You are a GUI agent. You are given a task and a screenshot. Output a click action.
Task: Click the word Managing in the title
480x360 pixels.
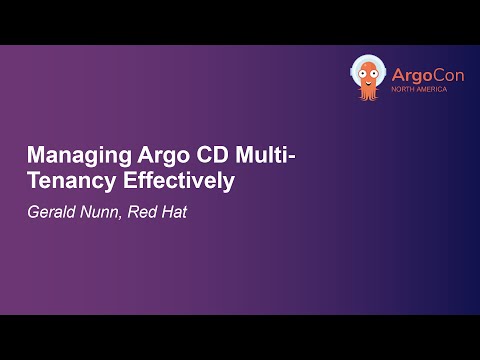[x=71, y=158]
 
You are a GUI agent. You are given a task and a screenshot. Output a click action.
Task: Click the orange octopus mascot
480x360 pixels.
[x=368, y=78]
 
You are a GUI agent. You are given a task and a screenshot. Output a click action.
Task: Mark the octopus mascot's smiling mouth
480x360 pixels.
[x=369, y=80]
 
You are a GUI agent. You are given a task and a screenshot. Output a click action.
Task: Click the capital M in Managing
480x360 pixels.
[x=35, y=157]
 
